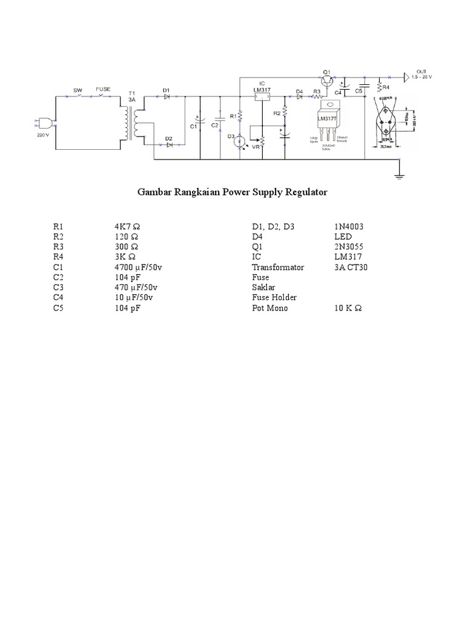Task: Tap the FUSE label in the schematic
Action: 103,89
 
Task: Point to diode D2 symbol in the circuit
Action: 170,144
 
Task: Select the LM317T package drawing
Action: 332,118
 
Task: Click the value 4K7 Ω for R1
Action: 127,226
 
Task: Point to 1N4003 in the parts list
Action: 348,226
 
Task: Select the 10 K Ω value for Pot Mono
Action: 348,309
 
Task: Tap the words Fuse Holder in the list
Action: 274,298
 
